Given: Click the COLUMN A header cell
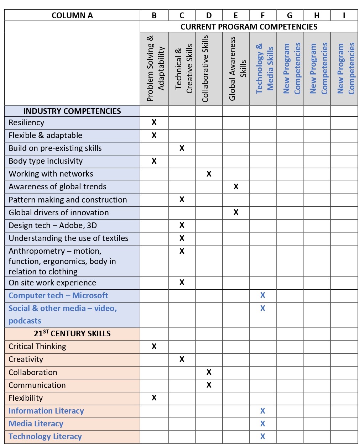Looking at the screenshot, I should [72, 15].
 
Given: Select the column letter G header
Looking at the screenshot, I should [289, 15].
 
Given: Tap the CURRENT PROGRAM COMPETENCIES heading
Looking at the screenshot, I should [249, 27].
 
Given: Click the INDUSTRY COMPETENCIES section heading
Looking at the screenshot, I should [72, 111].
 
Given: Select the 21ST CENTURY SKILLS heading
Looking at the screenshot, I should [72, 333].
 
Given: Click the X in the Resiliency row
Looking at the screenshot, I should [154, 122].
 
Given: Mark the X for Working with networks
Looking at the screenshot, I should [209, 174].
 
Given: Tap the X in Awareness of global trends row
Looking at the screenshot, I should [236, 186].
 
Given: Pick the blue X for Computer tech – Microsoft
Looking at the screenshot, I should [263, 295].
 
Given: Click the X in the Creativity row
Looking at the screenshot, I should [182, 359].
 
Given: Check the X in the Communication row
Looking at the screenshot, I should [209, 385].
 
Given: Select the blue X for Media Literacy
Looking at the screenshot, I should [263, 424].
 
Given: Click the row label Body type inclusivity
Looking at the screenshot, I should [46, 161].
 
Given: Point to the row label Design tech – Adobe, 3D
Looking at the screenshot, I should [53, 226].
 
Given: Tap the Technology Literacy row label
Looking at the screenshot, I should [45, 437].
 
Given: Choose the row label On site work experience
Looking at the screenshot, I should [52, 283].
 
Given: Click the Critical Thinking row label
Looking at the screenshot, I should [37, 347].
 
